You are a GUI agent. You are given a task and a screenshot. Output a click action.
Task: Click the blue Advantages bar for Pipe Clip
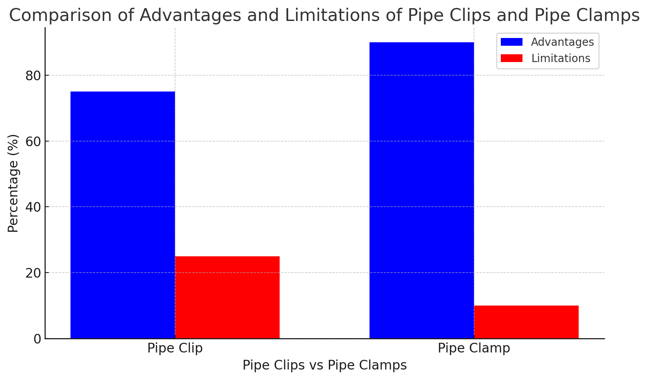pyautogui.click(x=122, y=215)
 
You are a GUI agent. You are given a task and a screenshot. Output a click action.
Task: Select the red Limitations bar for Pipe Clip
pyautogui.click(x=227, y=297)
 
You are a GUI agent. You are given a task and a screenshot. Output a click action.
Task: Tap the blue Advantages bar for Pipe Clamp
pyautogui.click(x=421, y=190)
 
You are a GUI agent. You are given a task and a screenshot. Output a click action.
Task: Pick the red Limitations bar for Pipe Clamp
pyautogui.click(x=526, y=322)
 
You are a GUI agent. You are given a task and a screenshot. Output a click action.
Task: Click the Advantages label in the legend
pyautogui.click(x=562, y=42)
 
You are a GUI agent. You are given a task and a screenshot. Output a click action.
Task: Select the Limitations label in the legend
pyautogui.click(x=560, y=58)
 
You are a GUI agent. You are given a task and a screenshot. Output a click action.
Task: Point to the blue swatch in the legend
pyautogui.click(x=511, y=42)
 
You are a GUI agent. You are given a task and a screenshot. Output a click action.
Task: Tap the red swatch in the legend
pyautogui.click(x=511, y=58)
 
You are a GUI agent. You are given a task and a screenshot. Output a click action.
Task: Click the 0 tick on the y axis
pyautogui.click(x=37, y=339)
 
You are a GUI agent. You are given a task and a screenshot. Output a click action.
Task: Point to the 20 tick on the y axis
pyautogui.click(x=33, y=273)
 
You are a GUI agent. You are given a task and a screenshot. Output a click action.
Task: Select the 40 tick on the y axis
pyautogui.click(x=33, y=207)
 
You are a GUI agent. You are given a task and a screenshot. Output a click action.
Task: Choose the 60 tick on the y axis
pyautogui.click(x=33, y=142)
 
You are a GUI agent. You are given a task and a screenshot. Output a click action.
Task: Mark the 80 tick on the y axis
pyautogui.click(x=33, y=76)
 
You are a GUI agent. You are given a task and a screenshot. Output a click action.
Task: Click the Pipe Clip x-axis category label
pyautogui.click(x=175, y=348)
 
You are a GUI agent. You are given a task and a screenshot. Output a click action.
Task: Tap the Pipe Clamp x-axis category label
pyautogui.click(x=474, y=348)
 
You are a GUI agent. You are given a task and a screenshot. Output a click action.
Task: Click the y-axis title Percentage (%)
pyautogui.click(x=13, y=183)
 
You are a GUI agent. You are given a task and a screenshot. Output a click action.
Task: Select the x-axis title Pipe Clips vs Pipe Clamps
pyautogui.click(x=325, y=365)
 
